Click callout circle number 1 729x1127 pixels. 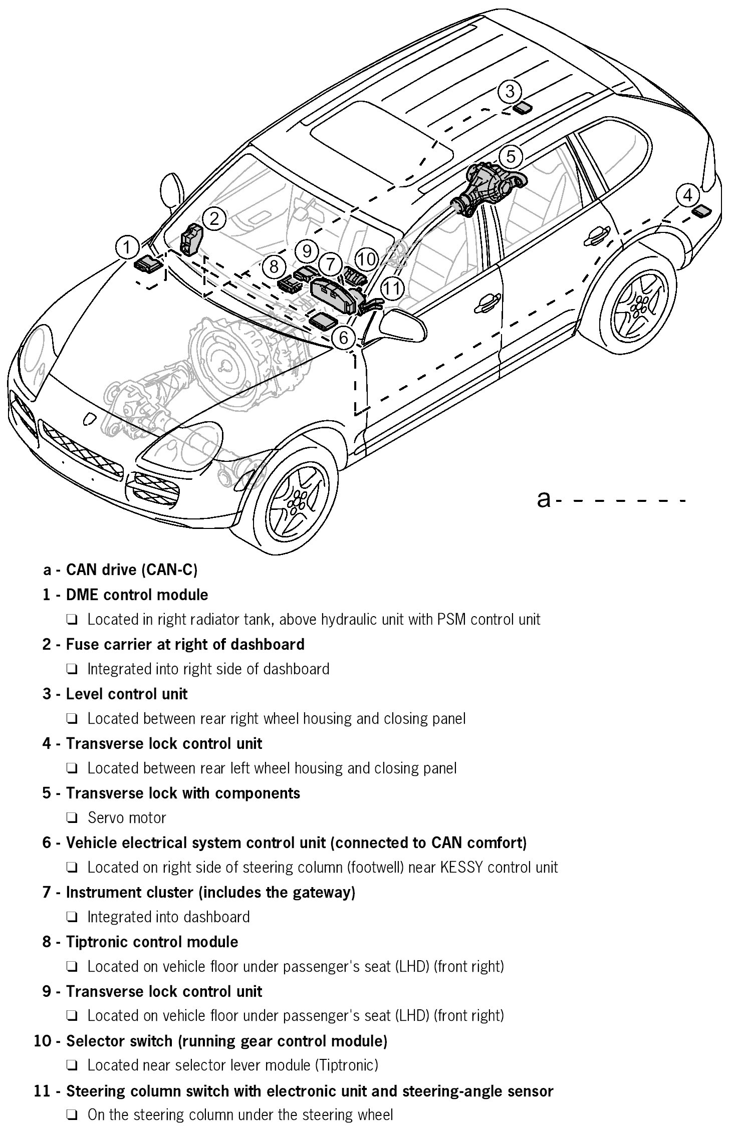tap(127, 247)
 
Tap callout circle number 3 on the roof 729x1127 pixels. tap(510, 91)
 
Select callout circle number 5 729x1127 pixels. tap(510, 156)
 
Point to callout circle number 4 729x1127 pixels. tap(688, 195)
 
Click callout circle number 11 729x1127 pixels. tap(392, 288)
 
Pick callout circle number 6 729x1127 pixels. tap(343, 338)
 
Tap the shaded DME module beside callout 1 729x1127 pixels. tap(149, 263)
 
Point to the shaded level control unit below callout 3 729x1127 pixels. tap(524, 108)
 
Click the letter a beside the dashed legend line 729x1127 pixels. tap(543, 499)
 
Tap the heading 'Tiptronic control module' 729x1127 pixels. tap(152, 942)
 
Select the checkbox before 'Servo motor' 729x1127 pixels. tap(71, 818)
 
